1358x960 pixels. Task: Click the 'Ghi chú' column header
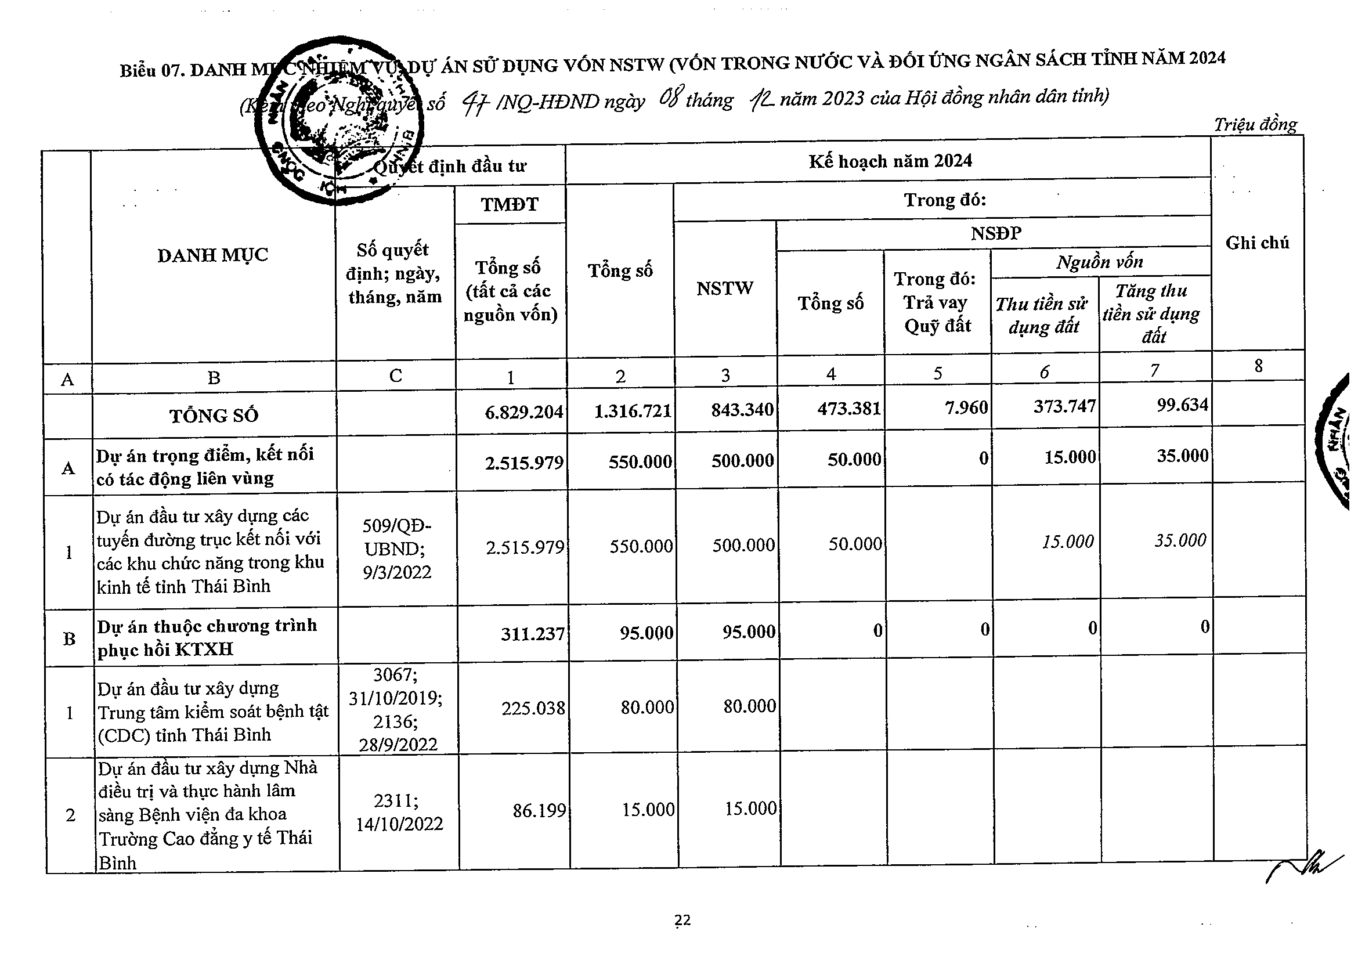(x=1257, y=243)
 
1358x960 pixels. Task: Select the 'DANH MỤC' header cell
(x=213, y=255)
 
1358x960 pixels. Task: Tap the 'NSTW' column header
(x=724, y=288)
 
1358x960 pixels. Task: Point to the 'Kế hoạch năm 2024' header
(x=890, y=161)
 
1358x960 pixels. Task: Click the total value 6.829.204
(x=524, y=412)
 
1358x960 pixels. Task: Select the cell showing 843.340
(x=742, y=409)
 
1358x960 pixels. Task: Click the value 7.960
(x=966, y=407)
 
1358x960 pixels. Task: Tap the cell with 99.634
(x=1182, y=405)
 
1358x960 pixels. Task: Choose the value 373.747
(x=1064, y=406)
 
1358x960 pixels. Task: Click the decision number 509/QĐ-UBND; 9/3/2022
(x=397, y=549)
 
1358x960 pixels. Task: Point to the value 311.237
(x=533, y=634)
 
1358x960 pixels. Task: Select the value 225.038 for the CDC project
(x=533, y=708)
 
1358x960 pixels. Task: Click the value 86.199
(x=539, y=810)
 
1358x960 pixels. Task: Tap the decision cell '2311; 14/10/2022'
(x=399, y=812)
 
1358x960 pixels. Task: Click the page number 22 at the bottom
(x=682, y=920)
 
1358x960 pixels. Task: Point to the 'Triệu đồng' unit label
(x=1255, y=125)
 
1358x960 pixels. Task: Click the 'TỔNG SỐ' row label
(x=214, y=416)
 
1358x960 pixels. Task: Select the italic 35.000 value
(x=1180, y=540)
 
